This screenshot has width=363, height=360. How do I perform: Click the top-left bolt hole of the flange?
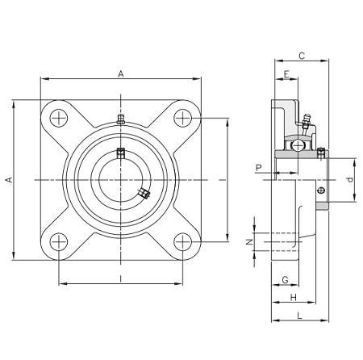pyautogui.click(x=59, y=118)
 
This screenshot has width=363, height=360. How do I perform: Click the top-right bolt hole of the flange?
pyautogui.click(x=183, y=118)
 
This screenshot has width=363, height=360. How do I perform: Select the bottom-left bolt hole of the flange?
pyautogui.click(x=59, y=242)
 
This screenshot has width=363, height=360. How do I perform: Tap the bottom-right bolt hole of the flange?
pyautogui.click(x=183, y=242)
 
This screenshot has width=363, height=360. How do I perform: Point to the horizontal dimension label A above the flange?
pyautogui.click(x=121, y=73)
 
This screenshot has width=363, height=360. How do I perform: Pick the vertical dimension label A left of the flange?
pyautogui.click(x=10, y=180)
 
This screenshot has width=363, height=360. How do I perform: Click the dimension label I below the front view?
pyautogui.click(x=121, y=278)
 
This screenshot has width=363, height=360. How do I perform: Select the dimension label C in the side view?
pyautogui.click(x=302, y=56)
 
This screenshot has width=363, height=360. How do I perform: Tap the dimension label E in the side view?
pyautogui.click(x=286, y=74)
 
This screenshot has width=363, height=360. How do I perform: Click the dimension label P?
pyautogui.click(x=259, y=168)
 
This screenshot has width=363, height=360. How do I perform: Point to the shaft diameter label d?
pyautogui.click(x=350, y=179)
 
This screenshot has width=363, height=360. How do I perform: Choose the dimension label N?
pyautogui.click(x=250, y=242)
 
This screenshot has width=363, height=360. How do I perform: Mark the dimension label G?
pyautogui.click(x=285, y=280)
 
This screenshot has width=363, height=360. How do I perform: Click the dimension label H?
pyautogui.click(x=294, y=298)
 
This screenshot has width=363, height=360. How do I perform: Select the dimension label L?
pyautogui.click(x=299, y=316)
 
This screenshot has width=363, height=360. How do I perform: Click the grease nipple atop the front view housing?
pyautogui.click(x=121, y=119)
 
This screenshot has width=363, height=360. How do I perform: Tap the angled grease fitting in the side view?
pyautogui.click(x=306, y=123)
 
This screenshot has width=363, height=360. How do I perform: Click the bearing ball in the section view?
pyautogui.click(x=298, y=145)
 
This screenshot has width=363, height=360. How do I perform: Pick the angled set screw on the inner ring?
pyautogui.click(x=144, y=193)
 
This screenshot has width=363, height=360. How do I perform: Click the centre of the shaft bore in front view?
pyautogui.click(x=121, y=180)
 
